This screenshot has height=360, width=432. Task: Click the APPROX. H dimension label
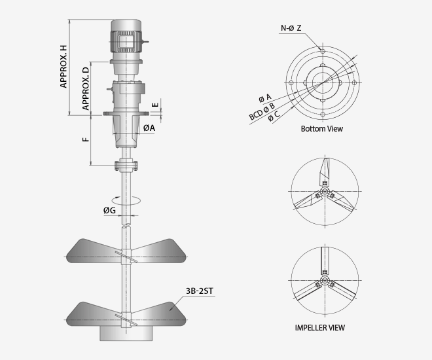point(63,67)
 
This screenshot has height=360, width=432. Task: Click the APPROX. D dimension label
point(86,88)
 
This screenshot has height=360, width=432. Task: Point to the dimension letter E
point(155,105)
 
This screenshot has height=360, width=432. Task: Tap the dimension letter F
point(86,139)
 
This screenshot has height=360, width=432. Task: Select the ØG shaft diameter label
point(109,210)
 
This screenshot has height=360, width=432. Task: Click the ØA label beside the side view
point(149,128)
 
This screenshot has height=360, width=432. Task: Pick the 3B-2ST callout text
point(200,291)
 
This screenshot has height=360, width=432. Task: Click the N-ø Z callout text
point(291,28)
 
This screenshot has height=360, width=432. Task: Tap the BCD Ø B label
point(262,111)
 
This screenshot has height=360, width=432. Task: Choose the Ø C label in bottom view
point(274,117)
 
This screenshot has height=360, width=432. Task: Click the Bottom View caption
point(322,129)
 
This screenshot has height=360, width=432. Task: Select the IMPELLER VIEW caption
point(320,328)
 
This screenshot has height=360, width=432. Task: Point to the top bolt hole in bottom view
point(323,50)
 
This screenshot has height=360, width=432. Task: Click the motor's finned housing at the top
point(126,41)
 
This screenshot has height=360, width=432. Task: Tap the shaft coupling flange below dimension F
point(126,165)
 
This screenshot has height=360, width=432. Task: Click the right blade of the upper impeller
point(159,251)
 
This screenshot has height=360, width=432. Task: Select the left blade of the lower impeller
point(94,314)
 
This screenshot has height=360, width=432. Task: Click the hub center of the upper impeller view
point(325,191)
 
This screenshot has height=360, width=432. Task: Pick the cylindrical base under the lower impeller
point(126,334)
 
